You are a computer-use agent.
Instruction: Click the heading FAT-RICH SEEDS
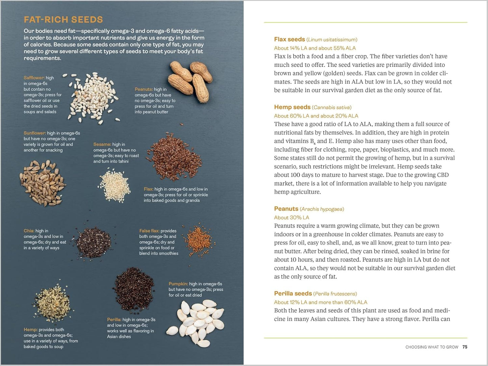point(63,20)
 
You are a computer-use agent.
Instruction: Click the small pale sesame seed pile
point(114,186)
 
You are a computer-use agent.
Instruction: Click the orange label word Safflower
point(34,78)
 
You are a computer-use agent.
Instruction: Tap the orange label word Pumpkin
point(178,284)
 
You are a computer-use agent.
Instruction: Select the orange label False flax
point(149,231)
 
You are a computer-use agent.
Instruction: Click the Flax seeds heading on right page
point(289,40)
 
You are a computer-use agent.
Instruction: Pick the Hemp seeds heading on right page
point(292,107)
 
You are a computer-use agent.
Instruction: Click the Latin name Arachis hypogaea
point(322,209)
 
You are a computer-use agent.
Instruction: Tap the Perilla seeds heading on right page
point(293,294)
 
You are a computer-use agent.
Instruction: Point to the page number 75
point(465,347)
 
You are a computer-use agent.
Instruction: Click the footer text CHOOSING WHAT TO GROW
point(432,347)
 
